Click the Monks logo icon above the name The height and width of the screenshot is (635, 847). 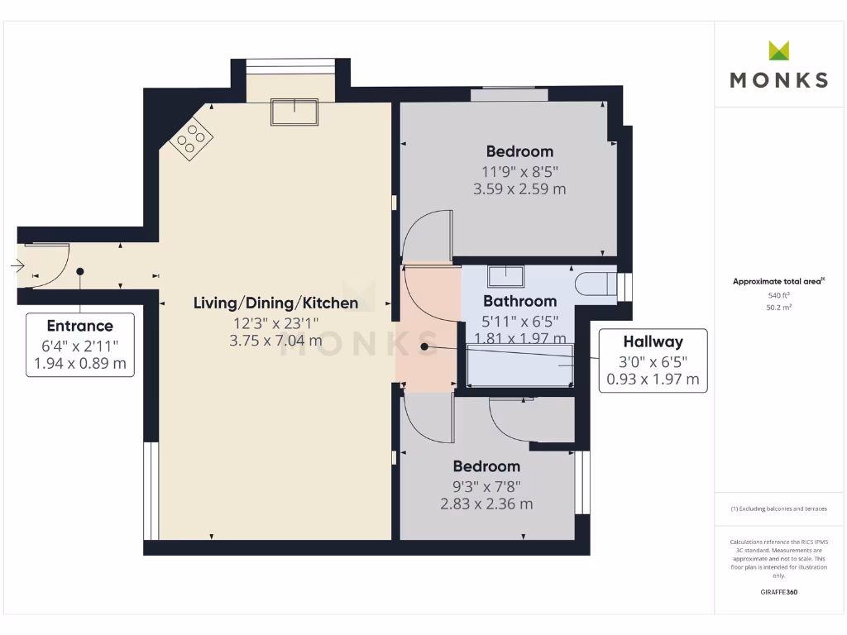[x=778, y=50]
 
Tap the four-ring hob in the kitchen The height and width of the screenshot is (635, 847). [x=191, y=138]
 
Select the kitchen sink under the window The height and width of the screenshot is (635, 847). [x=294, y=112]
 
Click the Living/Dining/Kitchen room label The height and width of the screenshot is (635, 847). [x=275, y=303]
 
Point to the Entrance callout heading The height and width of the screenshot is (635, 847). [x=80, y=326]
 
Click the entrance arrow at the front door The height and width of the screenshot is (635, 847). [x=17, y=265]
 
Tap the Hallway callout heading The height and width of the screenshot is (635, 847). [x=653, y=341]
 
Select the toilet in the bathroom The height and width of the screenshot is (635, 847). [x=596, y=284]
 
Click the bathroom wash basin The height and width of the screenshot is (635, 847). [x=505, y=276]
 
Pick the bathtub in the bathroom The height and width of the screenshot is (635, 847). [x=519, y=367]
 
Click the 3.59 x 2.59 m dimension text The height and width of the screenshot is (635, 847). [x=519, y=189]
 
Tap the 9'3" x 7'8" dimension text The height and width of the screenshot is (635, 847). [x=486, y=486]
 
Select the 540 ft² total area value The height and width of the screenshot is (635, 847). [x=778, y=295]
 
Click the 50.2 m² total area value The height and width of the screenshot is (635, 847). [x=778, y=308]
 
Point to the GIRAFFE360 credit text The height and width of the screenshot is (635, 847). [x=779, y=592]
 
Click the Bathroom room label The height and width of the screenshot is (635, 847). [x=519, y=301]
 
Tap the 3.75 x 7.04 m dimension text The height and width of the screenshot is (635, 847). [x=275, y=341]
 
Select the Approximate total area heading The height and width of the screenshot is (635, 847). [x=778, y=281]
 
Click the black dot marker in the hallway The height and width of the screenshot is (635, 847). [x=424, y=346]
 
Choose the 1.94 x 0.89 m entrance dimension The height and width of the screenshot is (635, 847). [x=80, y=364]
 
